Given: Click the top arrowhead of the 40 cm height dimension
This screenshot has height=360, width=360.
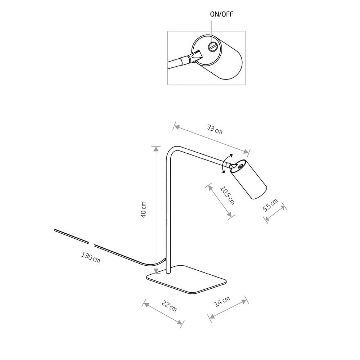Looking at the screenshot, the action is coord(156,149).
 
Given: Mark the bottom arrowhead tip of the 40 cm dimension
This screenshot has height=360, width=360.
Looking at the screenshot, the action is coord(156,273).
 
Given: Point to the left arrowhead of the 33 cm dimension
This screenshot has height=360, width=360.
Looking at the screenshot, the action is coord(175,126).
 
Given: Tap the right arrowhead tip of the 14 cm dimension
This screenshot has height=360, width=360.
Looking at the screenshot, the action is coord(247,300).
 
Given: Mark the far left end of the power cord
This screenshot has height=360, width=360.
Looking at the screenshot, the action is coord(55,230).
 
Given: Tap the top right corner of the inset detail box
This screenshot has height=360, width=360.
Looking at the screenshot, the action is coord(246,31).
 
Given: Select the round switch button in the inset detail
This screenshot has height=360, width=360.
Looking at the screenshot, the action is coord(212,47).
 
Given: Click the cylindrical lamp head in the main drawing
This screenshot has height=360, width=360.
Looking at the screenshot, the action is coord(248,179).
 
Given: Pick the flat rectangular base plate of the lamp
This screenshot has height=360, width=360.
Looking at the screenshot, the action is coord(186,279).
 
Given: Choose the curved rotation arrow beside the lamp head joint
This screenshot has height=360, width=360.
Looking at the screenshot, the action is coord(226,163).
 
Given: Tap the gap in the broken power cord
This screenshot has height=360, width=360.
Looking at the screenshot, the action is coord(91,244).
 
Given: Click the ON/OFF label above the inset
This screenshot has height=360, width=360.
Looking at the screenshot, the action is coord(221,14).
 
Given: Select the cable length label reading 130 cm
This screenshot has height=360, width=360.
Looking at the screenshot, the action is coord(91,257).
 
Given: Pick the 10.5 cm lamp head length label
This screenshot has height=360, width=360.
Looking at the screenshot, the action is coord(228,195).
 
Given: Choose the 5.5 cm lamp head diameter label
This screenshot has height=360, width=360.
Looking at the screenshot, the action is coord(270,205).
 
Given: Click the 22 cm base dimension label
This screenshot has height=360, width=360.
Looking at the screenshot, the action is coord(169,306).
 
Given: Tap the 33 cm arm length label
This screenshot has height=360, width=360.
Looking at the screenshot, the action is coord(215,129).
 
